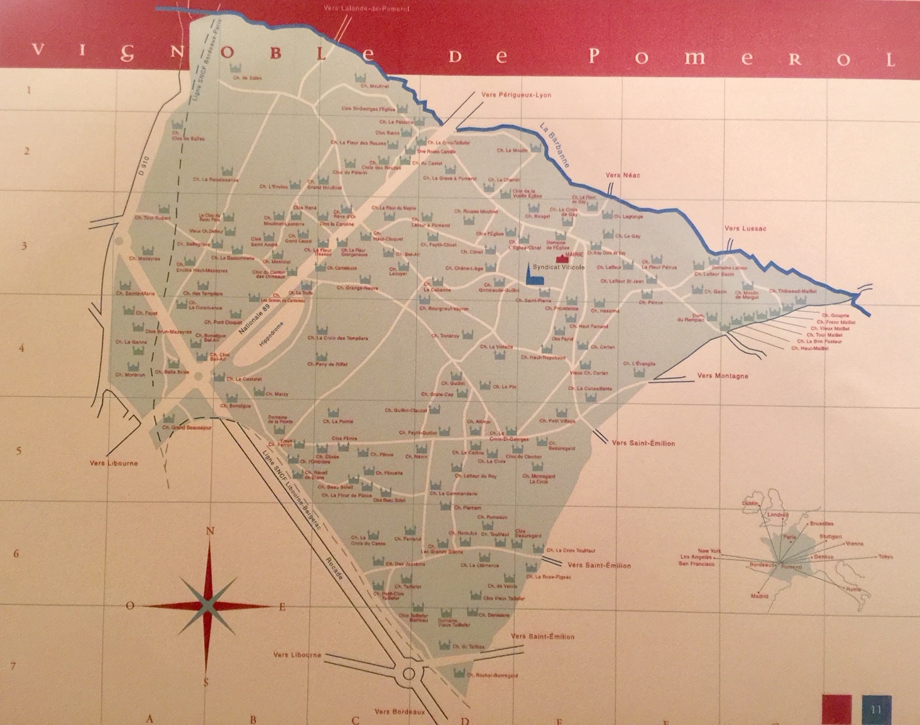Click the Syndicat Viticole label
point(558,267)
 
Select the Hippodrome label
point(271,335)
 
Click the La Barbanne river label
point(554,144)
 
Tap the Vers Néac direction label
point(623,175)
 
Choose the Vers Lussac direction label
point(745,229)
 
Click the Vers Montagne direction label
point(722,376)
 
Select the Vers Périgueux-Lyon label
point(516,95)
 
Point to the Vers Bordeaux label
point(400,712)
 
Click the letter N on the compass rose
point(210,531)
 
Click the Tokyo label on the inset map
point(885,557)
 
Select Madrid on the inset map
point(759,596)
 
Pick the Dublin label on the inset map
point(750,503)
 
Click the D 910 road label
point(143,165)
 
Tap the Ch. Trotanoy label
point(445,336)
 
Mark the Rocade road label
point(334,569)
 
